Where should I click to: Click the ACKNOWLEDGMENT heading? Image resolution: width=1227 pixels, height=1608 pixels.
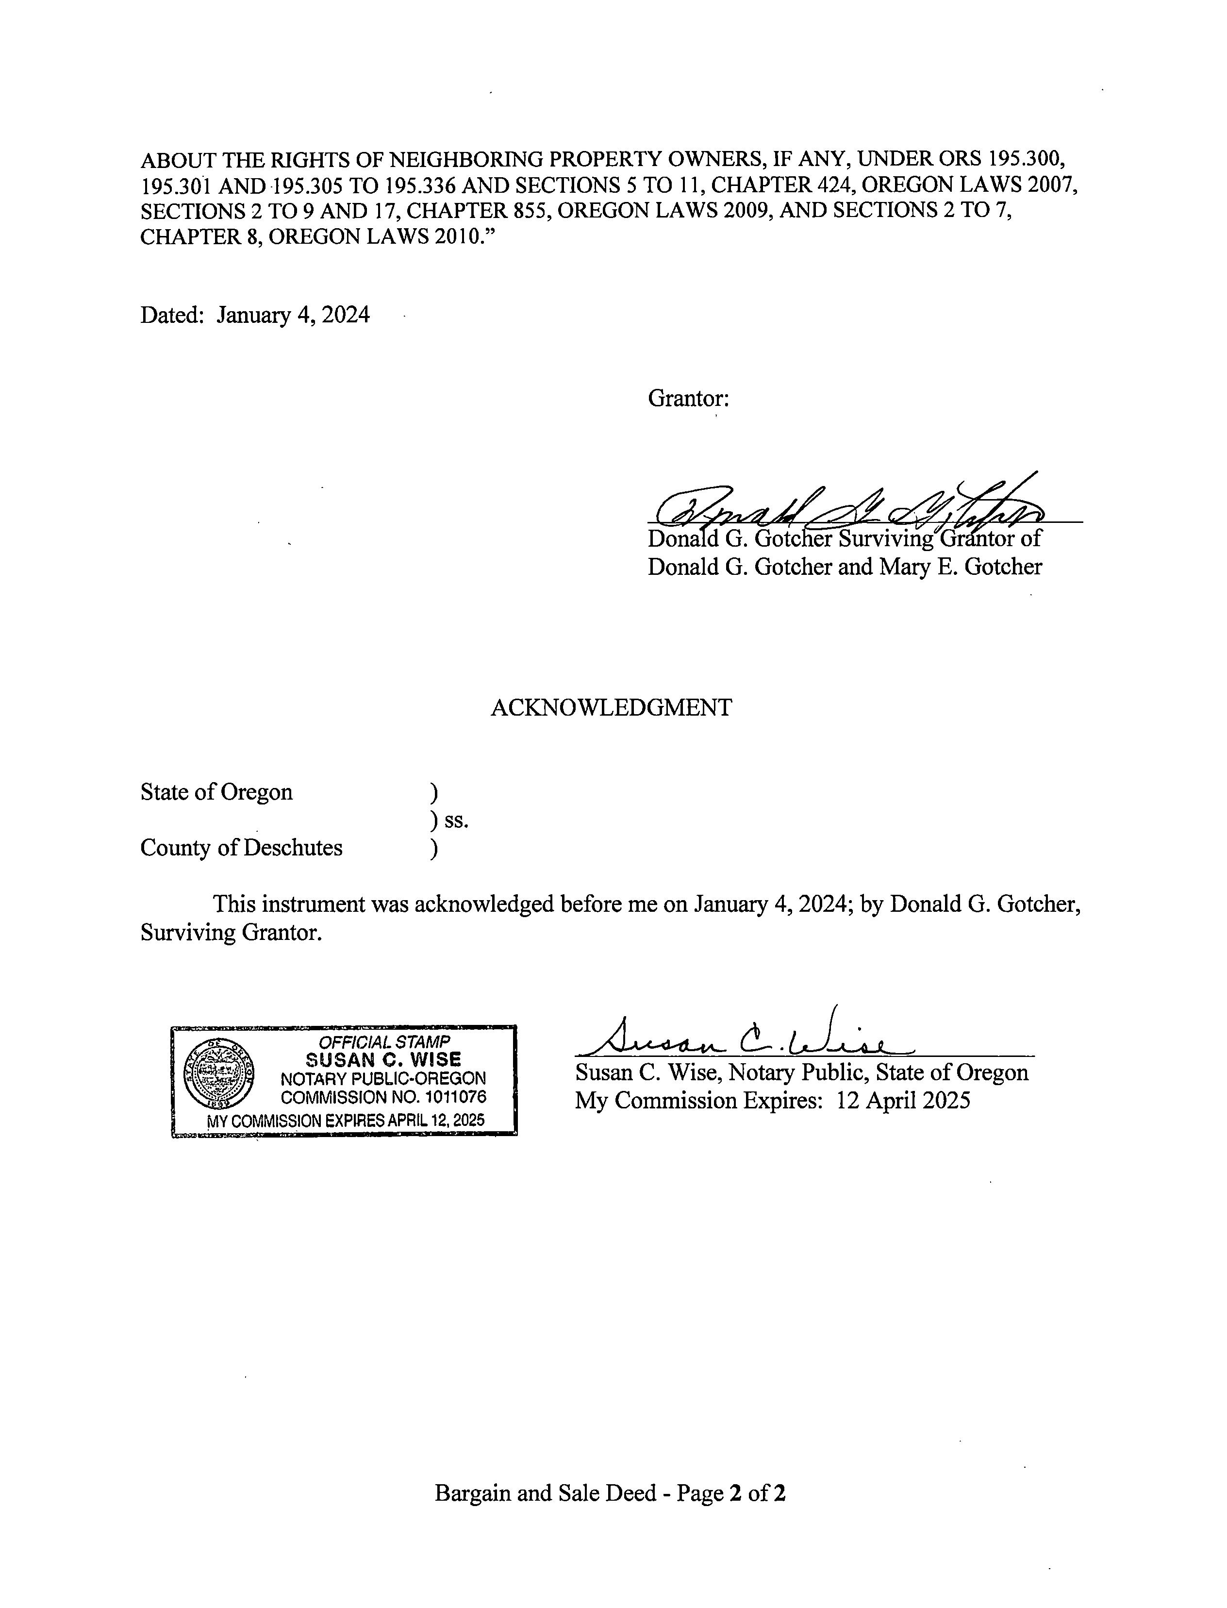pos(611,707)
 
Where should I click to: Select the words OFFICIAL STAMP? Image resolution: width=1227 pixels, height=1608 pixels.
pos(384,1042)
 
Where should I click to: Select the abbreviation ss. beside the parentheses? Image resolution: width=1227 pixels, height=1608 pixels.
pos(456,821)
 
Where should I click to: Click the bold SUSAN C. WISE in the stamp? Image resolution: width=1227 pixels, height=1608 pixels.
pos(383,1059)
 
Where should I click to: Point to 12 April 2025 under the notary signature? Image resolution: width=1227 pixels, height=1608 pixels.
pos(903,1100)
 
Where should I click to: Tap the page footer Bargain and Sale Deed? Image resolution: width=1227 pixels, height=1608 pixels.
pos(545,1492)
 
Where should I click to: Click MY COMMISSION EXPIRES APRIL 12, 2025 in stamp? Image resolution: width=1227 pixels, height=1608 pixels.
pos(346,1120)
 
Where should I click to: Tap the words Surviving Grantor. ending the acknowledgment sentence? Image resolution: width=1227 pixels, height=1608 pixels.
pos(231,933)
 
